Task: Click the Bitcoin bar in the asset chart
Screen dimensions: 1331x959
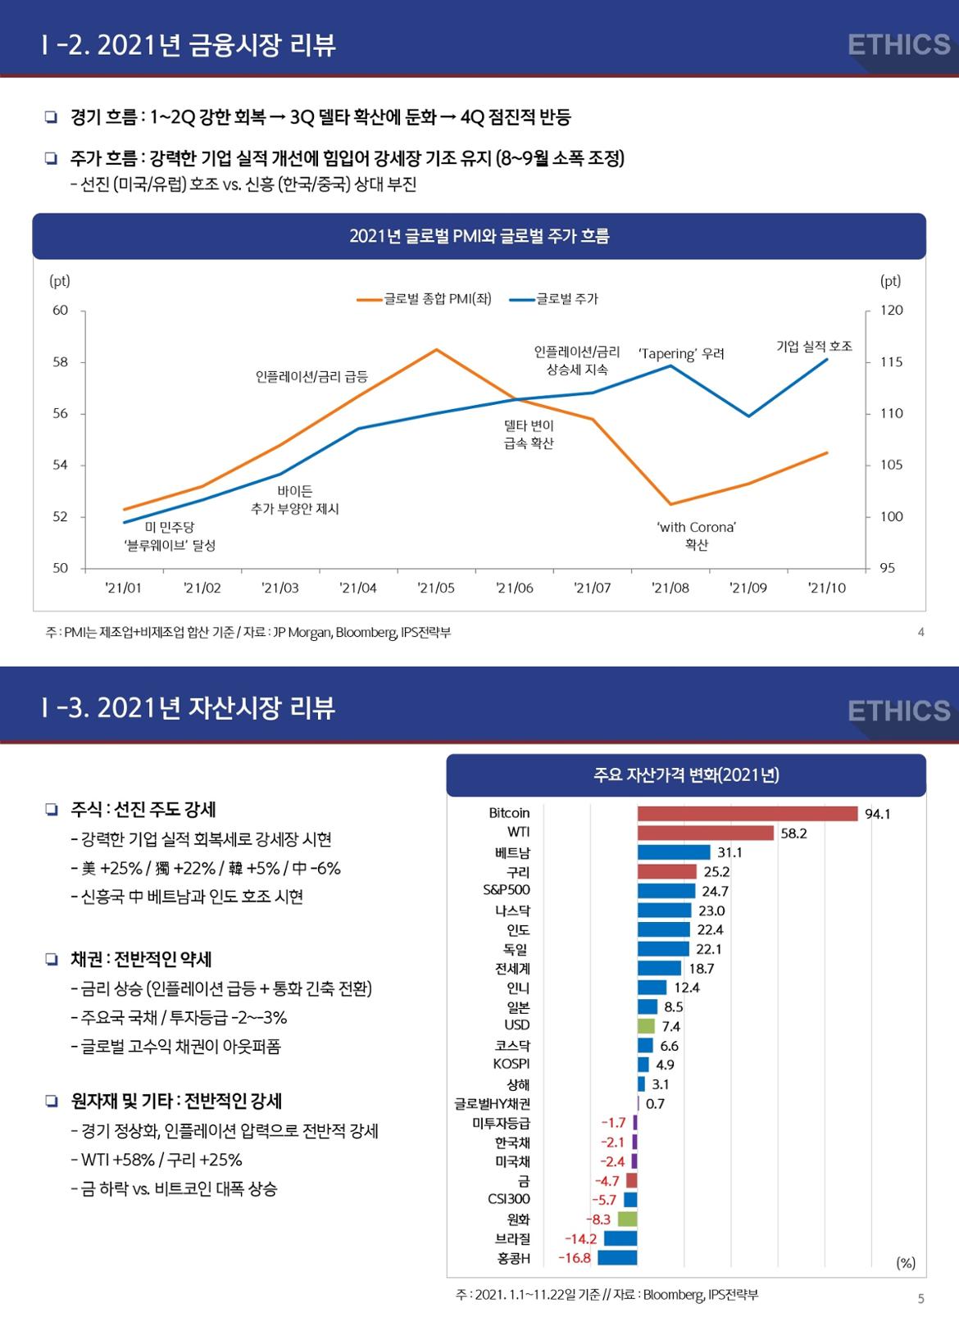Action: coord(748,813)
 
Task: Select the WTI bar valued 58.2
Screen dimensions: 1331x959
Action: coord(706,833)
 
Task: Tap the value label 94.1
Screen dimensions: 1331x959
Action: coord(877,814)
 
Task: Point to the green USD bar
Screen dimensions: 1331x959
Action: coord(647,1026)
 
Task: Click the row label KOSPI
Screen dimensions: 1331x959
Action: coord(511,1064)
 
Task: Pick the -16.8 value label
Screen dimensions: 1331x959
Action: coord(575,1258)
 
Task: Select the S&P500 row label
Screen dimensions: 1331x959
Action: coord(507,890)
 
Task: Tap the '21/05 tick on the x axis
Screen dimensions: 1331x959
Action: coord(436,588)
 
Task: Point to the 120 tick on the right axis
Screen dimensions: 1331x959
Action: coord(892,311)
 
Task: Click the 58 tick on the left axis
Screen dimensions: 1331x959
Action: coord(60,362)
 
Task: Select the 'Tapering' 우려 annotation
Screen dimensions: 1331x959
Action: coord(681,354)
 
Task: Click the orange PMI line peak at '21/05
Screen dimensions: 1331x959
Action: coord(436,350)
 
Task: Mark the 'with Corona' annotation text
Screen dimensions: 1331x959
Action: coord(697,528)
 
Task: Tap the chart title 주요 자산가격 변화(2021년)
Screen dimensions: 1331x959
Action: coord(686,775)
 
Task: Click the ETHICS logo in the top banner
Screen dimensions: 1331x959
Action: coord(898,44)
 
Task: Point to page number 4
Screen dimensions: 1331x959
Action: coord(921,632)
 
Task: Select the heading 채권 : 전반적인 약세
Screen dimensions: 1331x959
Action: coord(141,959)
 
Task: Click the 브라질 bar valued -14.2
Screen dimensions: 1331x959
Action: coord(620,1238)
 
